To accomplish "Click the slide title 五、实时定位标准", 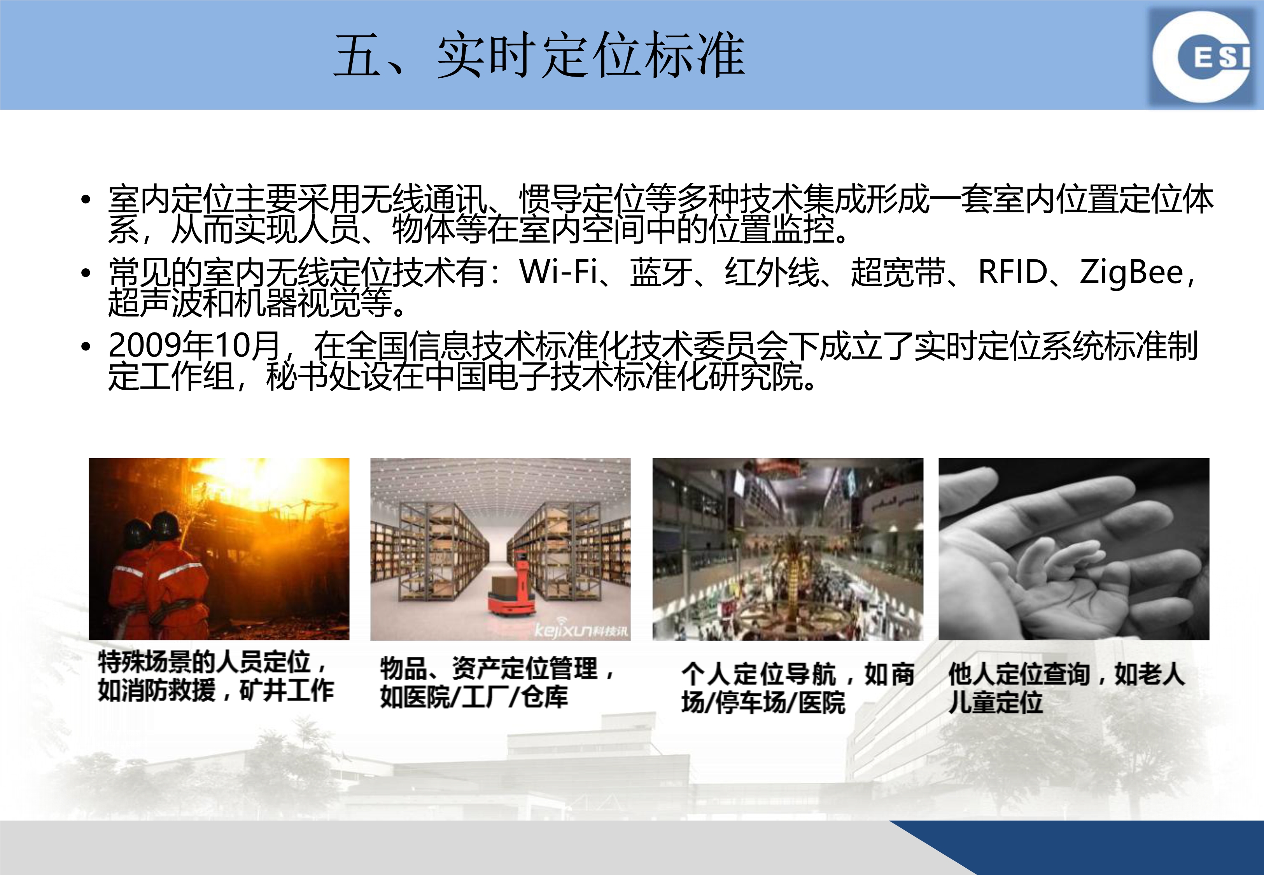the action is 539,55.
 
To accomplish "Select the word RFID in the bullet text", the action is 1013,271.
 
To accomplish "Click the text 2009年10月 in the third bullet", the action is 194,345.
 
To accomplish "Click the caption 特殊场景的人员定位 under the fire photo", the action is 204,662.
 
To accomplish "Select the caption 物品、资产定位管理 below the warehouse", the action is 488,668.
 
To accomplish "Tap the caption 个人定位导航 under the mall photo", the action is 759,674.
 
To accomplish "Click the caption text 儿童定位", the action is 995,702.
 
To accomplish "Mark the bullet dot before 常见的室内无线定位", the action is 86,273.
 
